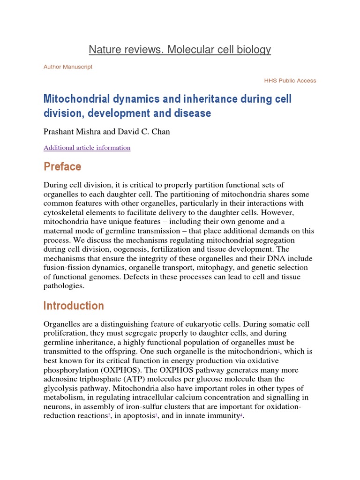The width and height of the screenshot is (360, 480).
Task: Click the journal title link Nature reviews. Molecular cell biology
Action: [x=180, y=49]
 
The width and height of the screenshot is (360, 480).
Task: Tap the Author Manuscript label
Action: [x=68, y=67]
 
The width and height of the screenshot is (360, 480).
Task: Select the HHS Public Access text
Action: [x=290, y=81]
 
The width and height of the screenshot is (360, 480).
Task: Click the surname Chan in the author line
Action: [x=160, y=132]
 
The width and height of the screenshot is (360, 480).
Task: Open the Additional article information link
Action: [x=87, y=148]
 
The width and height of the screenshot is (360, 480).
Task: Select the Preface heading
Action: [x=62, y=167]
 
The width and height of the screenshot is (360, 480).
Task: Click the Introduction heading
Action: [x=74, y=306]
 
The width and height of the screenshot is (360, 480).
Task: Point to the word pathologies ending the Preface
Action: [x=63, y=285]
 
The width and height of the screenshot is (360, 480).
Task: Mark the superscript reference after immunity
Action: [x=241, y=415]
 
